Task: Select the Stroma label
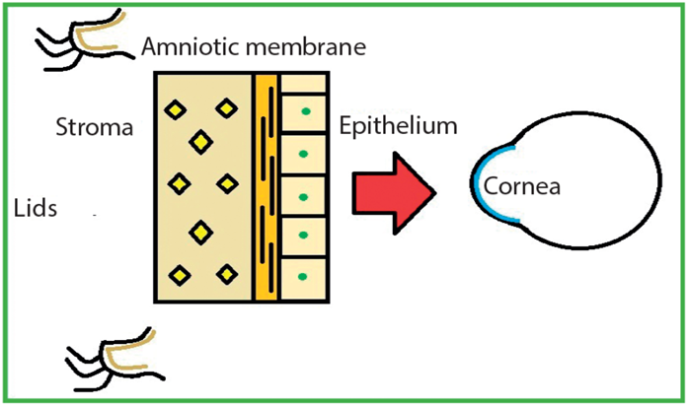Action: [96, 127]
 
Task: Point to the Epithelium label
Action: [398, 126]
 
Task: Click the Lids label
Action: [38, 208]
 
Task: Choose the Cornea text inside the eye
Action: [522, 184]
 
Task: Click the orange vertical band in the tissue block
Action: [266, 187]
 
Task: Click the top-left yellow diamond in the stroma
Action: [178, 109]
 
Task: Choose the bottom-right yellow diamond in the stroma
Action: [228, 274]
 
